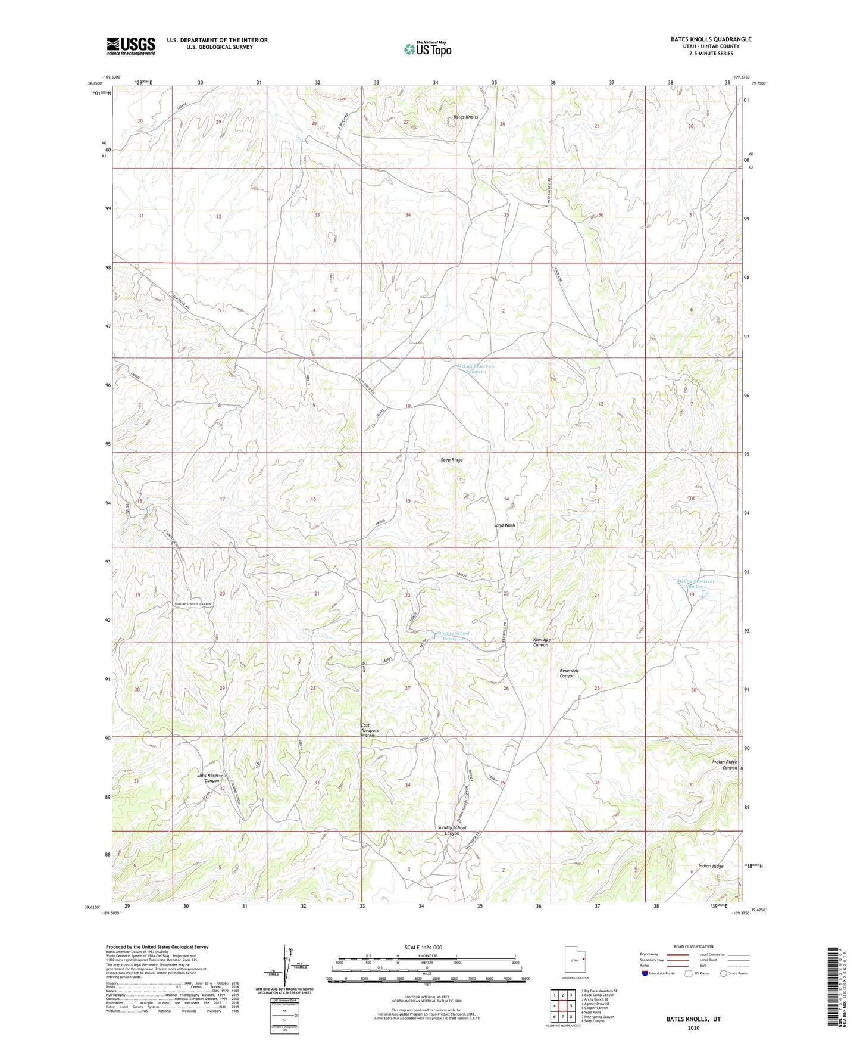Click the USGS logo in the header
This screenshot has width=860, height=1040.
pyautogui.click(x=131, y=46)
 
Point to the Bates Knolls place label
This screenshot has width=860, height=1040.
pyautogui.click(x=465, y=117)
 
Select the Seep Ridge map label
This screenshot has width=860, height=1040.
pyautogui.click(x=451, y=460)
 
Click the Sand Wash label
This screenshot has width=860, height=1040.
pyautogui.click(x=504, y=525)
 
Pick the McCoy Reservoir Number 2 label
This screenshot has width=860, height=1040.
pyautogui.click(x=696, y=584)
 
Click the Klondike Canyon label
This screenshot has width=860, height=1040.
pyautogui.click(x=540, y=642)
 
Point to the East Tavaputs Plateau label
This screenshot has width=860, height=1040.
pyautogui.click(x=369, y=730)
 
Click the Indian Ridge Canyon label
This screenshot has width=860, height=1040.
pyautogui.click(x=724, y=765)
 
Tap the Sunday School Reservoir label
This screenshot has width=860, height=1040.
pyautogui.click(x=453, y=636)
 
